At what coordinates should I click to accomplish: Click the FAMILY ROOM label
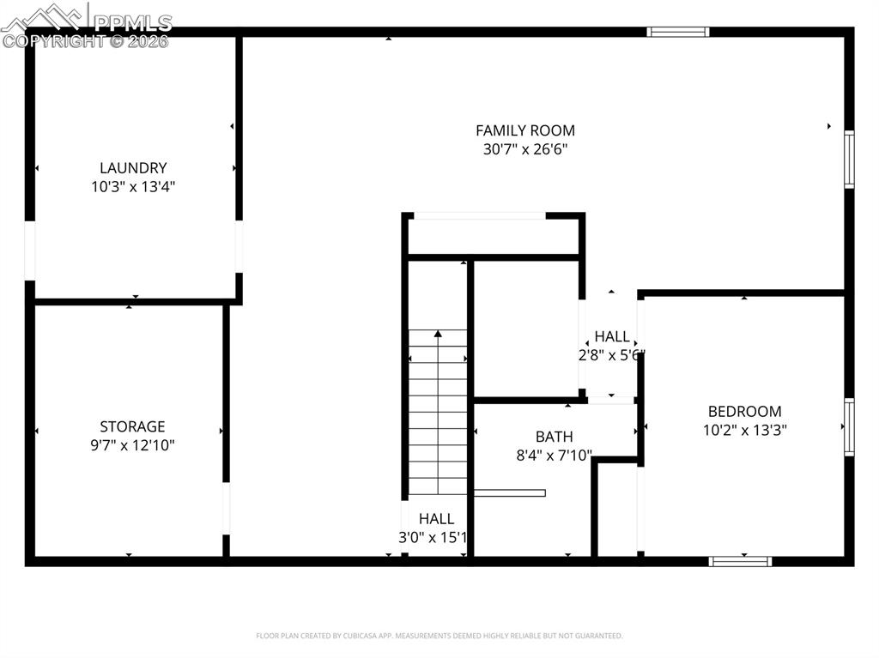click(525, 130)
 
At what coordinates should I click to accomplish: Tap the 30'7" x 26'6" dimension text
click(525, 149)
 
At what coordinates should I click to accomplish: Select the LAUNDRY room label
click(133, 168)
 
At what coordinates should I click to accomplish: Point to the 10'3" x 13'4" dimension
click(133, 186)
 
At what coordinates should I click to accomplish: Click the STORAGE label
click(132, 426)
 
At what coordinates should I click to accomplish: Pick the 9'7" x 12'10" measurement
click(132, 445)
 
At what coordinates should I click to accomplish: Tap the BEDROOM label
click(744, 411)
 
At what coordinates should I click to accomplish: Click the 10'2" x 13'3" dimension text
click(744, 430)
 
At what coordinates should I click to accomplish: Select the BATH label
click(554, 437)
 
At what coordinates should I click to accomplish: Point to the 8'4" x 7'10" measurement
click(554, 456)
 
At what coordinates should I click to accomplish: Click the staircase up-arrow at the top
click(438, 334)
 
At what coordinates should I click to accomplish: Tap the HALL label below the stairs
click(436, 519)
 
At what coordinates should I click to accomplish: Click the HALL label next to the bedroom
click(612, 336)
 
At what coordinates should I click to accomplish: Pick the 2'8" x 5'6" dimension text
click(612, 354)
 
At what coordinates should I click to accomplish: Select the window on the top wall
click(677, 32)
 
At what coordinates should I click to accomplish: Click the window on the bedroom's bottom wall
click(740, 562)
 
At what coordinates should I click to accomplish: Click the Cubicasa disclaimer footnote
click(439, 636)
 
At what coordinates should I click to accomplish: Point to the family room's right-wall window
click(849, 159)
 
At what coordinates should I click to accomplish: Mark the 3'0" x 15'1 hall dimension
click(434, 538)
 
